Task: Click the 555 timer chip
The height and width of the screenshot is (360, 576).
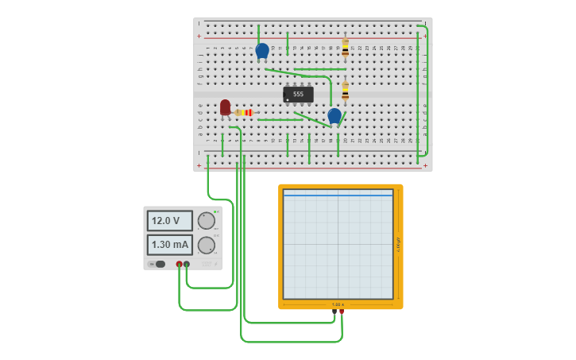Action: click(298, 94)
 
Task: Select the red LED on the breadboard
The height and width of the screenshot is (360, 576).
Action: click(225, 106)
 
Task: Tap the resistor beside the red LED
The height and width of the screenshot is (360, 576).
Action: click(245, 113)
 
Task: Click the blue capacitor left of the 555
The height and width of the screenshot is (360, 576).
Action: click(261, 51)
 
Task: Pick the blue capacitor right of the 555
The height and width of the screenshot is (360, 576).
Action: click(334, 115)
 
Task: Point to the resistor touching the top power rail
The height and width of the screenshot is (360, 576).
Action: click(345, 48)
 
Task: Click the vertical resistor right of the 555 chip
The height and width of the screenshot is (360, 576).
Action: click(345, 91)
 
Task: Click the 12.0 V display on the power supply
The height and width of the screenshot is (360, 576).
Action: click(169, 221)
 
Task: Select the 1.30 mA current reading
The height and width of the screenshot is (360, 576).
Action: click(169, 245)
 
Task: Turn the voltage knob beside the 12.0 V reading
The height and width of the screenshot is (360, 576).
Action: click(206, 221)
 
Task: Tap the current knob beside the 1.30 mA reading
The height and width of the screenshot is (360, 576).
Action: click(206, 245)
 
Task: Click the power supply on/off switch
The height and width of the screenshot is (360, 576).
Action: click(159, 264)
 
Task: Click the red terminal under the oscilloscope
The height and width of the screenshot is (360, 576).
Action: click(342, 312)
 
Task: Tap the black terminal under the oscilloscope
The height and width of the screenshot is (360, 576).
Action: click(334, 312)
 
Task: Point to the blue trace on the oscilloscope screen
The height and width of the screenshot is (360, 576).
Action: click(338, 195)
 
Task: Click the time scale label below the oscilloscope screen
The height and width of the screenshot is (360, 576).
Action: click(338, 304)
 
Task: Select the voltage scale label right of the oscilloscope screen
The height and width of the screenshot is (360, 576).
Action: click(398, 244)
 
